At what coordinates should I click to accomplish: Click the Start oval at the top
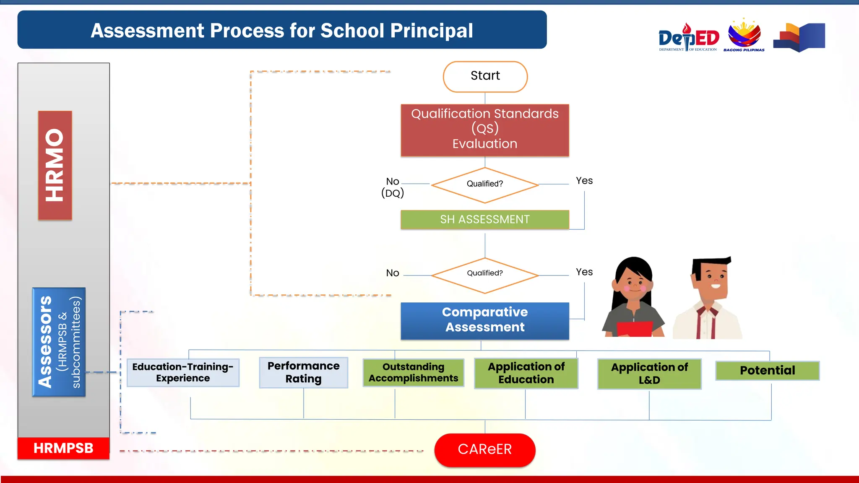[x=485, y=76]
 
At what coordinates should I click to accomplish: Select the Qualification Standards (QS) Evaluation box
[x=485, y=130]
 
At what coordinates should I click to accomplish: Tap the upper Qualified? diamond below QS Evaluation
[x=485, y=184]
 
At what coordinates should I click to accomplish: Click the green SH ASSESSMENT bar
[x=485, y=219]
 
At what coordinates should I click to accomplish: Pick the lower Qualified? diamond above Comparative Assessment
[x=485, y=275]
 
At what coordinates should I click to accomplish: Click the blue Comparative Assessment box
[x=485, y=320]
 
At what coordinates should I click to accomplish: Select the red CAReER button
[x=485, y=449]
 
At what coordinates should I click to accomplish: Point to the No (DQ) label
[x=392, y=187]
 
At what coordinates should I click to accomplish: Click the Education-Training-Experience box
[x=183, y=372]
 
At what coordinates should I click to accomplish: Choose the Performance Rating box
[x=303, y=372]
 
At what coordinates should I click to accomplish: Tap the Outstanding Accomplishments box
[x=413, y=372]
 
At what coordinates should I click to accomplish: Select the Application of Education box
[x=526, y=373]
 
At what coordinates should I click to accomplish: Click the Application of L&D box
[x=649, y=374]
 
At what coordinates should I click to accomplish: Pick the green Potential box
[x=767, y=371]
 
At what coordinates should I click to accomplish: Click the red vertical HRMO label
[x=55, y=165]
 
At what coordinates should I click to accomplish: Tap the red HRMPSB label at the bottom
[x=63, y=448]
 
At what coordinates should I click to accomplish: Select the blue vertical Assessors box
[x=59, y=342]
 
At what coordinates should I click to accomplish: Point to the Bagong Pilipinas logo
[x=744, y=35]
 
